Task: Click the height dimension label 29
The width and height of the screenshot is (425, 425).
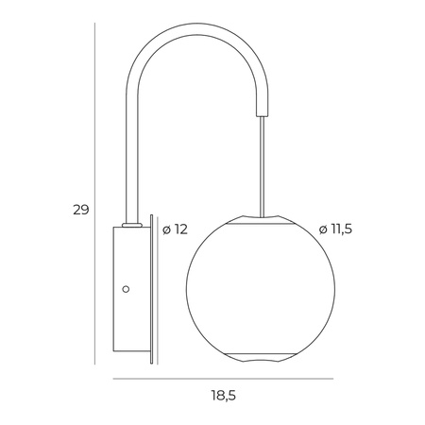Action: pos(81,210)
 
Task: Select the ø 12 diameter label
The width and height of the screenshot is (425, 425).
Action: pos(176,229)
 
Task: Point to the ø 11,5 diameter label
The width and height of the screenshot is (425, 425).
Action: pos(336,229)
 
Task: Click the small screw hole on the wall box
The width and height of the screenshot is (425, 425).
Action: pos(127,289)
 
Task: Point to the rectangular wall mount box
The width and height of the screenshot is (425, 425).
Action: pos(127,293)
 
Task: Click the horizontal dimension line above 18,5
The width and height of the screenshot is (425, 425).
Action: pos(222,379)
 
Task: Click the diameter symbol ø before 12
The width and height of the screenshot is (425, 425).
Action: pos(166,229)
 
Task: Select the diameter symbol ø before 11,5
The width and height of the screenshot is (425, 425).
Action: pos(323,229)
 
